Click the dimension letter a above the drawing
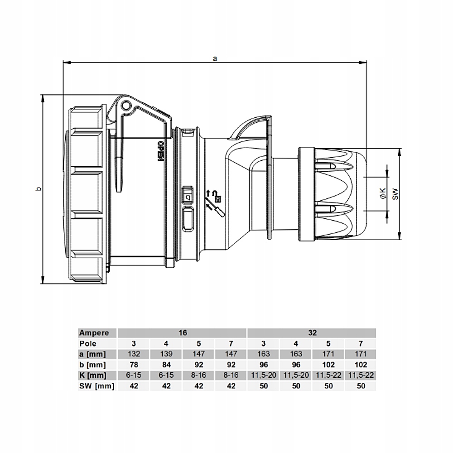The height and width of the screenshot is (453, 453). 215,58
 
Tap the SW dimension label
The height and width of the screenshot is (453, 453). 395,194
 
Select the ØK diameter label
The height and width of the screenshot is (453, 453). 383,193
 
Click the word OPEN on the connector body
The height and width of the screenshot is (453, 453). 160,151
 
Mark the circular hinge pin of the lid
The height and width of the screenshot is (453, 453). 126,106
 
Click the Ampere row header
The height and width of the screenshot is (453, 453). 94,333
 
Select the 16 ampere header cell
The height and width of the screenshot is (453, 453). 183,333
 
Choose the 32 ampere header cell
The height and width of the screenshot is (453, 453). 312,333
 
